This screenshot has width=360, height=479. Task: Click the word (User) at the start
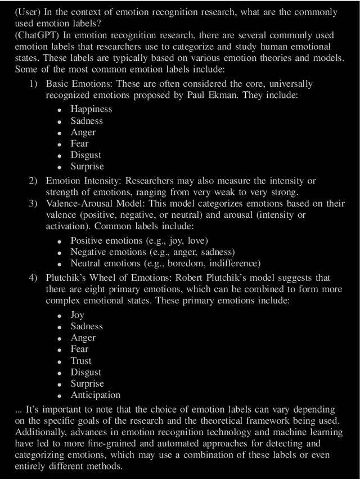point(28,12)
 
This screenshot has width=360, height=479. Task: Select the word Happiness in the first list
point(91,109)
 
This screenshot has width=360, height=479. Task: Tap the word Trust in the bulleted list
point(81,361)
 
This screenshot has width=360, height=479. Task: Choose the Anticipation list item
point(95,395)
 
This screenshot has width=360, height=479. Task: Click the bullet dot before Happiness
point(60,110)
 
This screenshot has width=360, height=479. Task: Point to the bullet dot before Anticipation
point(60,395)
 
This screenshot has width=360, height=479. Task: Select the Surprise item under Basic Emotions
point(87,166)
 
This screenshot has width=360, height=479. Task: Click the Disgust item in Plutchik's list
point(86,372)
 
